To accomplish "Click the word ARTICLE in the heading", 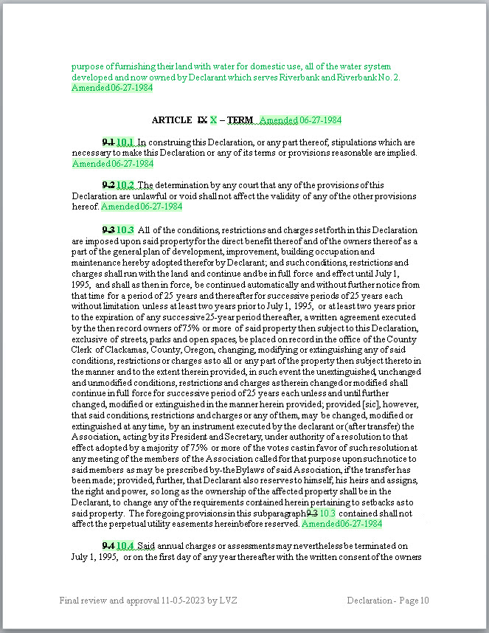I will point(171,120).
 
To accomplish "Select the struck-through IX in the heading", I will point(202,120).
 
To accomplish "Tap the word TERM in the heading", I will point(240,120).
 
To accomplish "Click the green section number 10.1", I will point(125,142).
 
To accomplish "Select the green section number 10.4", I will point(125,545).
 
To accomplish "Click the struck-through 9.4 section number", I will point(108,545).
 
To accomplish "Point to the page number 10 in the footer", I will point(423,601).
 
